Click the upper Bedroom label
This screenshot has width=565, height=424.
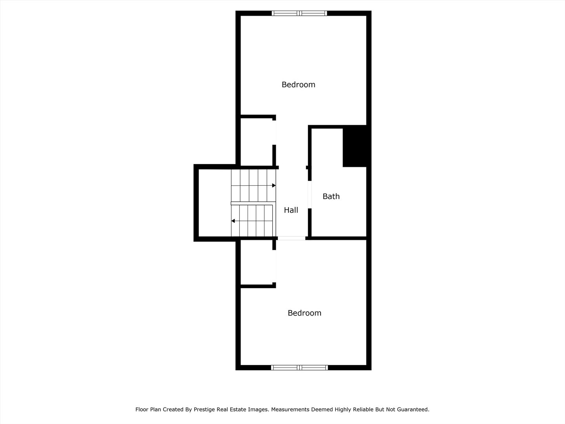298,84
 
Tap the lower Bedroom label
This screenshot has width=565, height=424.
304,313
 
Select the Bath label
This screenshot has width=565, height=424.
331,196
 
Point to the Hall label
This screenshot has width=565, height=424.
291,210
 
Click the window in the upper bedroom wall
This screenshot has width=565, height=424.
300,13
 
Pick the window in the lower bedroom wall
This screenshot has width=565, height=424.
300,367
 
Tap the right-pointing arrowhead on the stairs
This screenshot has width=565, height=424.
274,185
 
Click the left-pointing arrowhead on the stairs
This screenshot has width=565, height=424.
233,221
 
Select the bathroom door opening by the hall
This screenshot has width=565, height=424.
310,194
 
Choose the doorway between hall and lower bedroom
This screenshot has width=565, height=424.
292,238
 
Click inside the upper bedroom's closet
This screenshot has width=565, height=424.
256,141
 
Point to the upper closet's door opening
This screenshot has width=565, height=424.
274,132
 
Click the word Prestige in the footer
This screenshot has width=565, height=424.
205,409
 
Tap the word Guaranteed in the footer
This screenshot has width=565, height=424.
413,409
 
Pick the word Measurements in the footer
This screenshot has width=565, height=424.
290,409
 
